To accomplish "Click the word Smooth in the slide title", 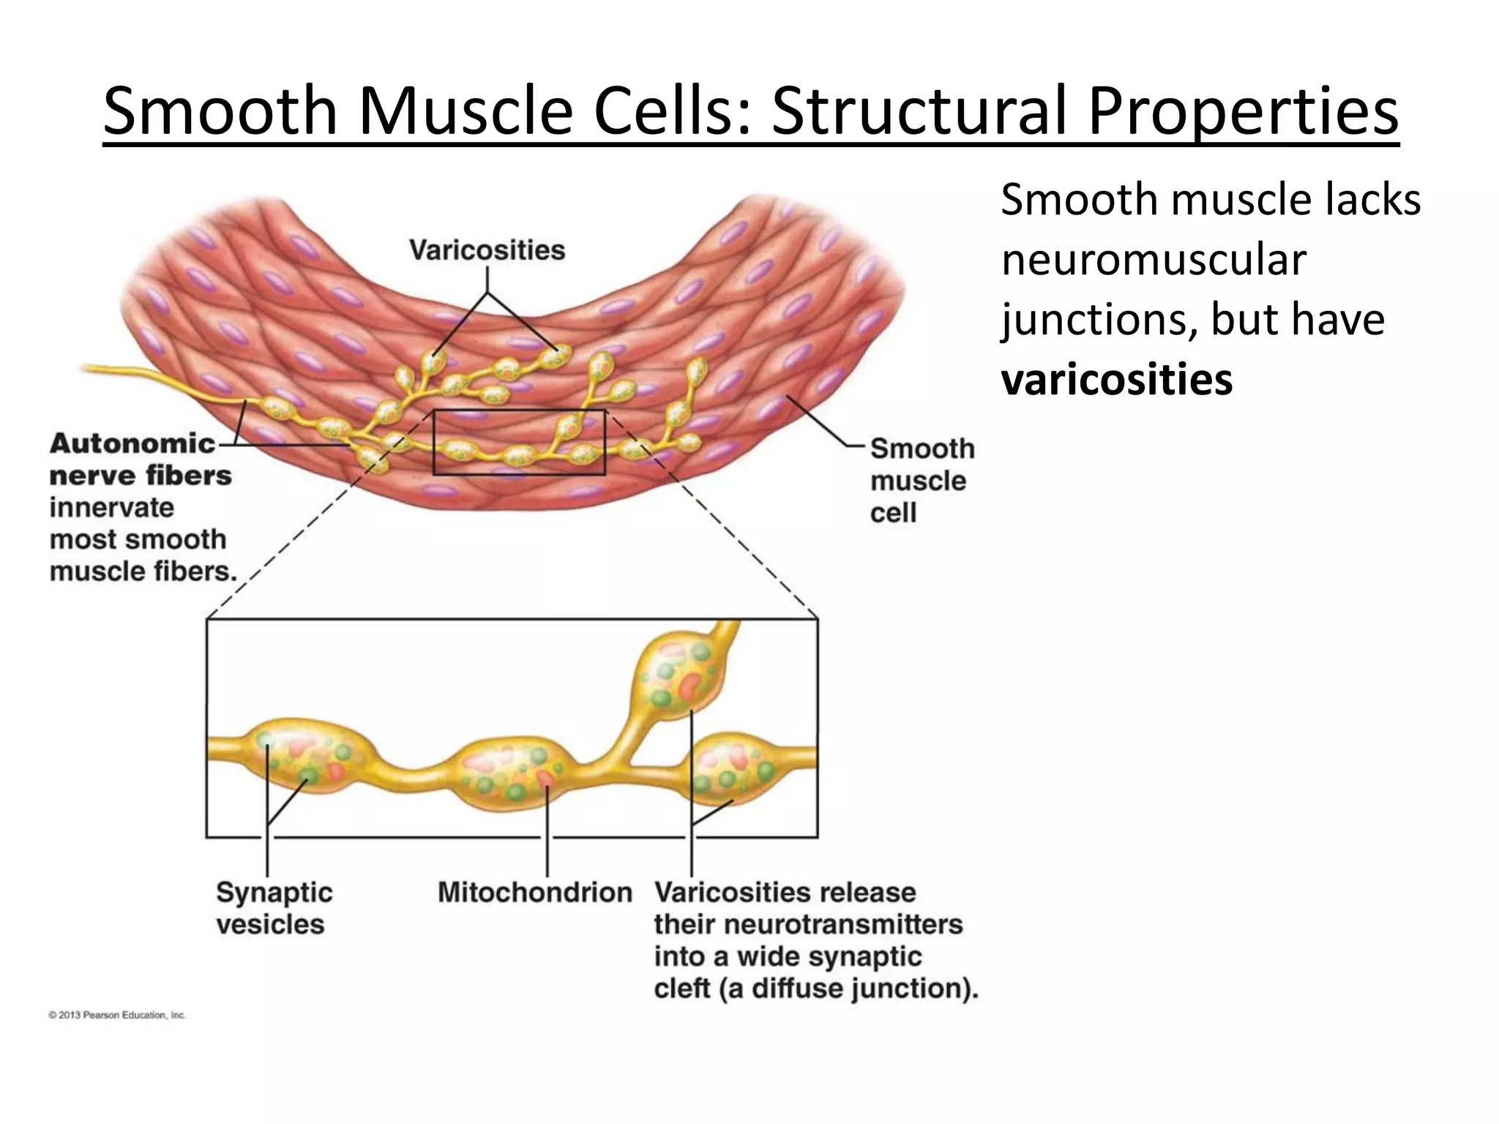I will click(220, 111).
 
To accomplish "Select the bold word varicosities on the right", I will click(1116, 380).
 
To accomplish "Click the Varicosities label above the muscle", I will click(487, 250).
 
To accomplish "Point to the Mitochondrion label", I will click(534, 892).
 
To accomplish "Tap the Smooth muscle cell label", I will click(921, 480).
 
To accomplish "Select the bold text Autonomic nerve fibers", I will click(139, 460).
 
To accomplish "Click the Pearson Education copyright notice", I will click(117, 1015).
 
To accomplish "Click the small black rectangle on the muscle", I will click(519, 442).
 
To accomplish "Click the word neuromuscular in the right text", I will click(1153, 260).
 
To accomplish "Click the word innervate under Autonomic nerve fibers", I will click(112, 507).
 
